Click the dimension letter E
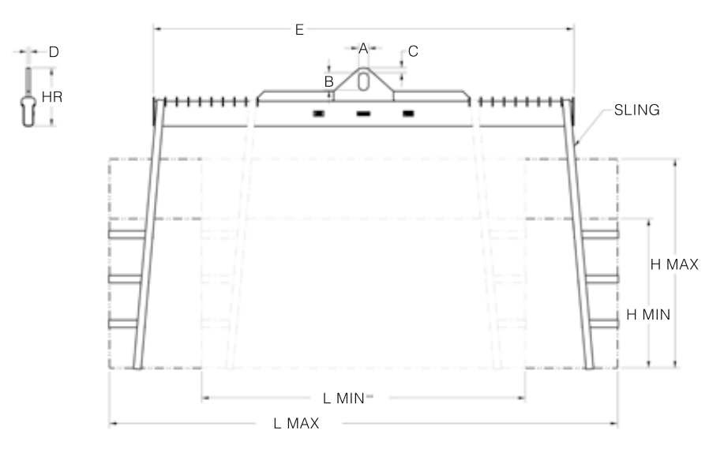299,29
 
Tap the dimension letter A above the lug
363,48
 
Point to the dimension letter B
329,80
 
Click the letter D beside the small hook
54,52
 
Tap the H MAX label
674,264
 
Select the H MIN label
648,313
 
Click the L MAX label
296,424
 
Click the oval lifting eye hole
363,81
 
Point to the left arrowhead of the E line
156,29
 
